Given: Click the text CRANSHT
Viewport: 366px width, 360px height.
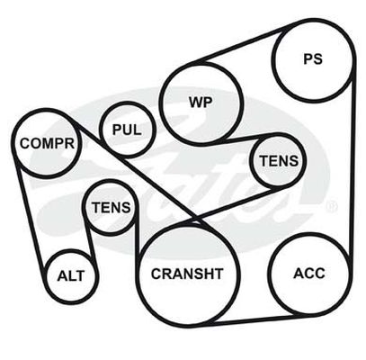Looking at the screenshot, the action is pyautogui.click(x=187, y=274).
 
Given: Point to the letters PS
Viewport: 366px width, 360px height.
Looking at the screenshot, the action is pyautogui.click(x=313, y=59).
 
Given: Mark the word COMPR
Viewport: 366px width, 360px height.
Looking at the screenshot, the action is pyautogui.click(x=47, y=143).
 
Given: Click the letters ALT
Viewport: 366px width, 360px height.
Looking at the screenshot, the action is pyautogui.click(x=71, y=276).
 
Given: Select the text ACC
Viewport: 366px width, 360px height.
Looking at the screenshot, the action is pyautogui.click(x=309, y=274).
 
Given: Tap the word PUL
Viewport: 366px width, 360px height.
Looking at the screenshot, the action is pyautogui.click(x=127, y=130).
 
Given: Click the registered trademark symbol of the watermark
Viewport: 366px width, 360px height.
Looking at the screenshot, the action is pyautogui.click(x=332, y=207).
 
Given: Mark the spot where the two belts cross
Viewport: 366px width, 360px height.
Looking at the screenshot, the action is pyautogui.click(x=196, y=218).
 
